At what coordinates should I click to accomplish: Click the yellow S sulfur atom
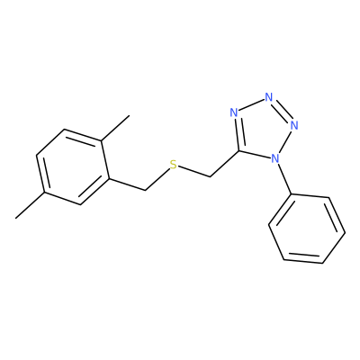coord(173,165)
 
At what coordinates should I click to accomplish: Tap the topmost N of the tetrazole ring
coord(269,97)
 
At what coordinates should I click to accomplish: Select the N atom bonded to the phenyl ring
coord(274,158)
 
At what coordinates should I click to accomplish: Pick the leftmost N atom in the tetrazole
coord(234,112)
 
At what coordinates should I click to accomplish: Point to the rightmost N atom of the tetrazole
coord(294,125)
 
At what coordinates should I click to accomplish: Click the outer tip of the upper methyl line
coord(130,115)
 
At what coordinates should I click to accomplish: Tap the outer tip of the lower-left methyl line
coord(15,218)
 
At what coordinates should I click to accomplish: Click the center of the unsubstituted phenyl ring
coord(307,229)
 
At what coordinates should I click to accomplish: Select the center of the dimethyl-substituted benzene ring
coord(72,167)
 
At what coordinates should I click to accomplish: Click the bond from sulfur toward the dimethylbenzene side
coord(157,179)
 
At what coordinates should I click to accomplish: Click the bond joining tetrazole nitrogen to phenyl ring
coord(283,179)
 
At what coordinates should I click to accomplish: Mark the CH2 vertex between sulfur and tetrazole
coord(211,176)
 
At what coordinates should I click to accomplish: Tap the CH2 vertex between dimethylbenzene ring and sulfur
coord(145,190)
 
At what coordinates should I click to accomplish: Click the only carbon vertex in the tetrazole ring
coord(239,150)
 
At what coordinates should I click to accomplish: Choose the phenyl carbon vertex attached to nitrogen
coord(292,194)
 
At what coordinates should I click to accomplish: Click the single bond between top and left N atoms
coord(251,105)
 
